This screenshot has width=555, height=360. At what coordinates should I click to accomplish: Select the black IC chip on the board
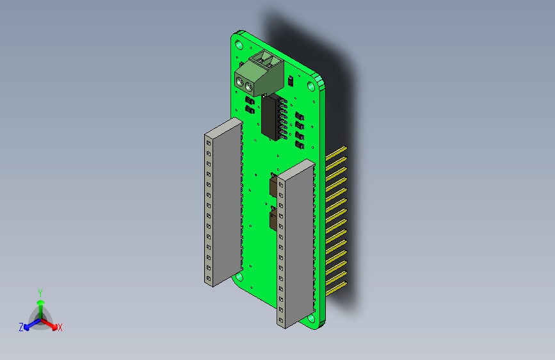click(273, 117)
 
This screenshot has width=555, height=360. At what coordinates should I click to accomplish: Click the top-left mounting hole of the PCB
click(239, 44)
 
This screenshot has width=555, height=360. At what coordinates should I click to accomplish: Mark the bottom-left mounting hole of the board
click(239, 277)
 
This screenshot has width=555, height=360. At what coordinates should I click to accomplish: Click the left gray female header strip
click(221, 202)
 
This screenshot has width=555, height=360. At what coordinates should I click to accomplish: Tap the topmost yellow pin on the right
click(337, 152)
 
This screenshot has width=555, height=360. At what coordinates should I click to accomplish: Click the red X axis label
click(60, 328)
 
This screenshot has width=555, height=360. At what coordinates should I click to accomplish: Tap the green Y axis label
click(40, 291)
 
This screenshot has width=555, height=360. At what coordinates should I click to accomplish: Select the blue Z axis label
click(21, 327)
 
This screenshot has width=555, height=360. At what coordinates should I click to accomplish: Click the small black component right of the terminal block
click(291, 81)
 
